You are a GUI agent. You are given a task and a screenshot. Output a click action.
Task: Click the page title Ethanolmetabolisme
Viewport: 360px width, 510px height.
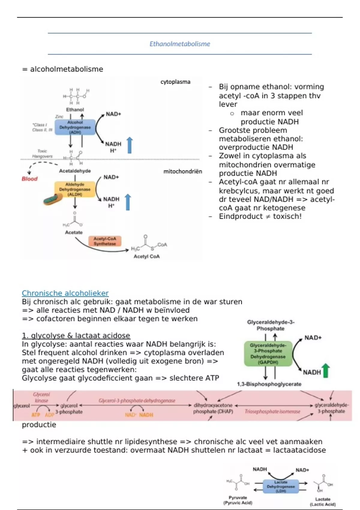click(x=180, y=44)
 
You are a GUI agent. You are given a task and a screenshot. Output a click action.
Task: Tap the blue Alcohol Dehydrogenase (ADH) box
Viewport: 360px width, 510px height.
click(x=75, y=127)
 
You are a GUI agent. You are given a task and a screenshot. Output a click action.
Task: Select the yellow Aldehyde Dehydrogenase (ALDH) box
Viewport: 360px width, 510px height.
click(x=75, y=189)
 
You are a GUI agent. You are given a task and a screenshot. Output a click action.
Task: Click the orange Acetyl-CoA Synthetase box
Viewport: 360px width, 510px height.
click(x=105, y=241)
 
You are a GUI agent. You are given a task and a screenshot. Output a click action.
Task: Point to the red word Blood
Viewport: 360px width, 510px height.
click(x=29, y=179)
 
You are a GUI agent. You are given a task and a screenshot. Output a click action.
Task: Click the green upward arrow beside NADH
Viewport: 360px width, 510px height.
click(x=325, y=370)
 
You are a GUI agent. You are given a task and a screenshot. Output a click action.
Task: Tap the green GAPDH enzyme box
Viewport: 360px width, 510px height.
click(x=268, y=354)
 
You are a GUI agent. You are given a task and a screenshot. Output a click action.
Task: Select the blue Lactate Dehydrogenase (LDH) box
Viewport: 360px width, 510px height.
click(x=281, y=486)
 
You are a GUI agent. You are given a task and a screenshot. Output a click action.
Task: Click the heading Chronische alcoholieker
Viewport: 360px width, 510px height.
click(x=65, y=293)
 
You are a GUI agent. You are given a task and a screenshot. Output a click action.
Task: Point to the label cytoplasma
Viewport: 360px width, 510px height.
click(x=175, y=82)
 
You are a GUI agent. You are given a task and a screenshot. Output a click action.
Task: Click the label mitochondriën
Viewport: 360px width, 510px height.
click(x=182, y=172)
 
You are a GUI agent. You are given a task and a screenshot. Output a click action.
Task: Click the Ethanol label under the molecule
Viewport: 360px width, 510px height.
click(x=75, y=110)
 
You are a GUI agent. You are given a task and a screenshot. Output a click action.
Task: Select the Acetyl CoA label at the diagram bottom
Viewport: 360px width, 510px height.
click(x=146, y=256)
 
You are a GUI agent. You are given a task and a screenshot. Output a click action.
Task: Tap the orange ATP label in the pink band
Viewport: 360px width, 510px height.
click(x=36, y=415)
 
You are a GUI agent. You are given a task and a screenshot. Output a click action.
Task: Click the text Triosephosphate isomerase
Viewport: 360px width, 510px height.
click(x=272, y=412)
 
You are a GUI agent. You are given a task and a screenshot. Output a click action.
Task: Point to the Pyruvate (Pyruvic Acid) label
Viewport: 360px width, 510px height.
click(x=238, y=500)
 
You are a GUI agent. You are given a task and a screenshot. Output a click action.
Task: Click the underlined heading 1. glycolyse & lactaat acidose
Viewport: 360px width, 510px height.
click(x=76, y=335)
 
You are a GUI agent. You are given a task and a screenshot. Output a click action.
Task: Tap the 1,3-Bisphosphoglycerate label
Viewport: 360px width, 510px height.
click(x=269, y=384)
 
